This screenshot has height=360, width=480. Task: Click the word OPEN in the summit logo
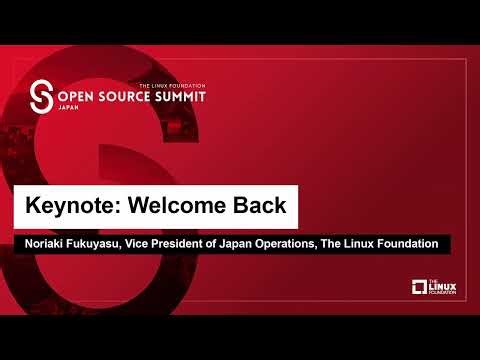pyautogui.click(x=78, y=101)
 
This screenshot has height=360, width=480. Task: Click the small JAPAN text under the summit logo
pyautogui.click(x=67, y=114)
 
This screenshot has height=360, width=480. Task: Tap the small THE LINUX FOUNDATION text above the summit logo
pyautogui.click(x=172, y=87)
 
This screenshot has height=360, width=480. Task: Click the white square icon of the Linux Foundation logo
pyautogui.click(x=420, y=288)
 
